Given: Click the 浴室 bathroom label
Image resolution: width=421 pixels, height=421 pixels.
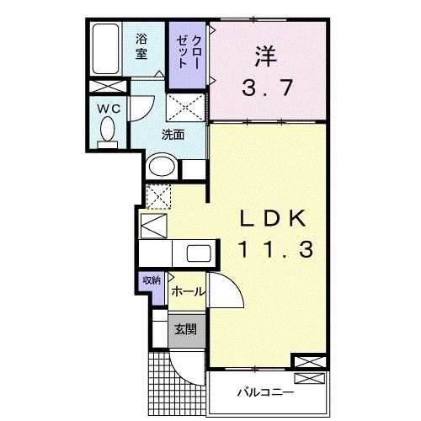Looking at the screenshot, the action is [x=141, y=46].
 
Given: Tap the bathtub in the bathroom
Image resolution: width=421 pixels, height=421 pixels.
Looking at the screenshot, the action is [x=106, y=49].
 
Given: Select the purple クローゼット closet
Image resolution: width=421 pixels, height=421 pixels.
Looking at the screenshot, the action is [x=187, y=56].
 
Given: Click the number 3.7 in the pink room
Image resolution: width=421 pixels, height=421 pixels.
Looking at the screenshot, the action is [x=268, y=88].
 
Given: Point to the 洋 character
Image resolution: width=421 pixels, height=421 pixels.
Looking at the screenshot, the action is [x=266, y=56].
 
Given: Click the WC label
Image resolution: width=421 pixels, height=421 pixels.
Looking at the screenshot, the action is [x=109, y=109].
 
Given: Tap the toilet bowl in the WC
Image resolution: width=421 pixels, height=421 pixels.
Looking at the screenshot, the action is [x=108, y=129].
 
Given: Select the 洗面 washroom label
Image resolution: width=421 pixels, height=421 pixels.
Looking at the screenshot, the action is [x=173, y=135].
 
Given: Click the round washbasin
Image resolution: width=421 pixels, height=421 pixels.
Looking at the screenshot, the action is [x=162, y=167].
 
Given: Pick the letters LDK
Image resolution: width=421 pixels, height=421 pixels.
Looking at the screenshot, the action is [x=273, y=219].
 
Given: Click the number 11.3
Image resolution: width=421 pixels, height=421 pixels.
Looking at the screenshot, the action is [x=275, y=249].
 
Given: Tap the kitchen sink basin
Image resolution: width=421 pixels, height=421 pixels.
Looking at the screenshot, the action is [x=199, y=253].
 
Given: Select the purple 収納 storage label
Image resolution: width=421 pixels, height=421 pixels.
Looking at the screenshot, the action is [x=152, y=280].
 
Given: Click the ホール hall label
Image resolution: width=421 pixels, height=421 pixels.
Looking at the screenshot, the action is [x=187, y=292].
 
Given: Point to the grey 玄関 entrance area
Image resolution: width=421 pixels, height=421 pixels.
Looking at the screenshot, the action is [x=187, y=330].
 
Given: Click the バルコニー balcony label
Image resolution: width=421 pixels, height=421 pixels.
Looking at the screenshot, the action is [x=266, y=392].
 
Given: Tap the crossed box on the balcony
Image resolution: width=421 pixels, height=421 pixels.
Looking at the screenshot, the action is [x=309, y=378].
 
